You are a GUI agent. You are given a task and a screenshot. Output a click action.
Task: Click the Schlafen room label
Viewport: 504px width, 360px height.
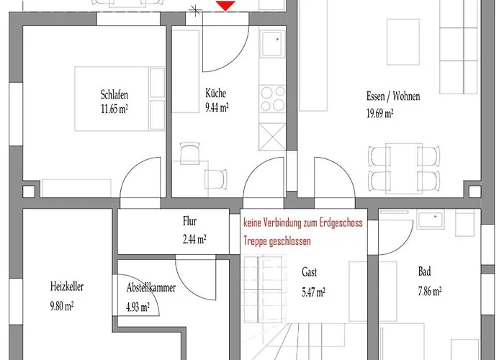pyautogui.click(x=114, y=95)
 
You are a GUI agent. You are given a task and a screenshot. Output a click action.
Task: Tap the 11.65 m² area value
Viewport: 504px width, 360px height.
pyautogui.click(x=114, y=109)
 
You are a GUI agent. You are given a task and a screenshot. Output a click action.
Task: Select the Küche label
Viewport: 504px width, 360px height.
pyautogui.click(x=216, y=93)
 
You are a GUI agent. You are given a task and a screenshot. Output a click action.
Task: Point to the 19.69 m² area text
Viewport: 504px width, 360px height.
pyautogui.click(x=380, y=113)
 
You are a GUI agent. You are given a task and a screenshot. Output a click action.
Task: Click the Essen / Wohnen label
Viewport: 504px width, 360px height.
pyautogui.click(x=393, y=96)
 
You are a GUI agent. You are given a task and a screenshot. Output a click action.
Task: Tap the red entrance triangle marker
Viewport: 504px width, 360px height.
pyautogui.click(x=225, y=6)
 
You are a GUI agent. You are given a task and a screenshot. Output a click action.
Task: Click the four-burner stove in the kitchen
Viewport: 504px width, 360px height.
pyautogui.click(x=273, y=99)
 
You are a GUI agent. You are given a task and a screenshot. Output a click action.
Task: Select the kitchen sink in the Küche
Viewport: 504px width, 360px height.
pyautogui.click(x=272, y=44)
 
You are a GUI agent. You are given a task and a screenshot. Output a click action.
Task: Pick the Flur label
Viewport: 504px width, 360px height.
pyautogui.click(x=189, y=221)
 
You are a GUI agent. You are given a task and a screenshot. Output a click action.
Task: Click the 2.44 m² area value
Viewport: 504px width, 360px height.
pyautogui.click(x=194, y=240)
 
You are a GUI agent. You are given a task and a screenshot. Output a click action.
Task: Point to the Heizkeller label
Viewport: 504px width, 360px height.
pyautogui.click(x=67, y=286)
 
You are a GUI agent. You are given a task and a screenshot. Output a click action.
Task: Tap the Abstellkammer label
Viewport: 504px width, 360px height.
pyautogui.click(x=151, y=287)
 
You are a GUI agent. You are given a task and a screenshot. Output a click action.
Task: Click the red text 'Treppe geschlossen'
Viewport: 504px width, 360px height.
pyautogui.click(x=277, y=241)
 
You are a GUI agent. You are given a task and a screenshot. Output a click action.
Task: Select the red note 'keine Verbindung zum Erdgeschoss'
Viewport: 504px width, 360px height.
pyautogui.click(x=303, y=222)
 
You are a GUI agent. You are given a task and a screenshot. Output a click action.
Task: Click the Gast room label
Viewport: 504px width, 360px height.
pyautogui.click(x=309, y=272)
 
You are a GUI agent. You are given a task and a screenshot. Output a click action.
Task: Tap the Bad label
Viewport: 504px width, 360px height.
pyautogui.click(x=424, y=271)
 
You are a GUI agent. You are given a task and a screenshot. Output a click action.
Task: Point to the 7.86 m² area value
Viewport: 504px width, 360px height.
pyautogui.click(x=430, y=291)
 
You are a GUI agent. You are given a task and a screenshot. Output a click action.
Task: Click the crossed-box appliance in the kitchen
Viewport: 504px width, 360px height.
pyautogui.click(x=272, y=137)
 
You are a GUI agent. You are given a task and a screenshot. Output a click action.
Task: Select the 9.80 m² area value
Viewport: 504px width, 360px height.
pyautogui.click(x=62, y=306)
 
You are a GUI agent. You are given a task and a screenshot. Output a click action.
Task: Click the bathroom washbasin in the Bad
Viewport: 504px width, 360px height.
pyautogui.click(x=431, y=219)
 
